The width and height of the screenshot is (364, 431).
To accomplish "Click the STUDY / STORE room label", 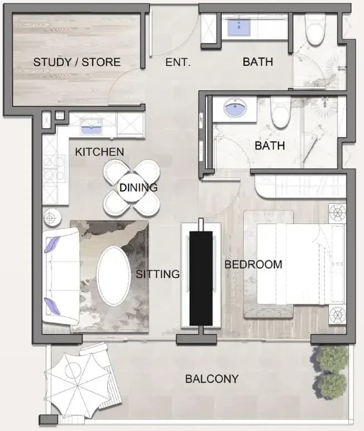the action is coord(76,62).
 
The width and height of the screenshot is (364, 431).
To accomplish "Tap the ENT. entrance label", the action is coord(178,62).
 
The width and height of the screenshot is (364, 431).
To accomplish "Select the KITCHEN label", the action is coord(99,152).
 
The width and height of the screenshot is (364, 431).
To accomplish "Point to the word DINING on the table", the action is coord(138,188).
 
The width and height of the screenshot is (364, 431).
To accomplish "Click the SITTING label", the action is coord(158,274).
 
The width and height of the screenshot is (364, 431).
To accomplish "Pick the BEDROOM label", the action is coord(253,265).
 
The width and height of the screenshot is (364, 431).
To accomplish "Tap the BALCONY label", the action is coord(212,379).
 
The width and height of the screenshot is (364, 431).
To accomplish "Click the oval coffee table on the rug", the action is coord(114,276).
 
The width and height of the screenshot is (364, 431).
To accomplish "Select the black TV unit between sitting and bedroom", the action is coord(201,278).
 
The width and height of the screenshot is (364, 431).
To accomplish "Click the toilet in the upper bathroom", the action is coord(315,30).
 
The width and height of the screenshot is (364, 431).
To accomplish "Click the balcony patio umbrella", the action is coord(78,386).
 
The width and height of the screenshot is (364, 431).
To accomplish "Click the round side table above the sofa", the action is coord(52,218).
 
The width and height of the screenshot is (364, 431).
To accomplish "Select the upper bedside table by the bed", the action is coord(337,213).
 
